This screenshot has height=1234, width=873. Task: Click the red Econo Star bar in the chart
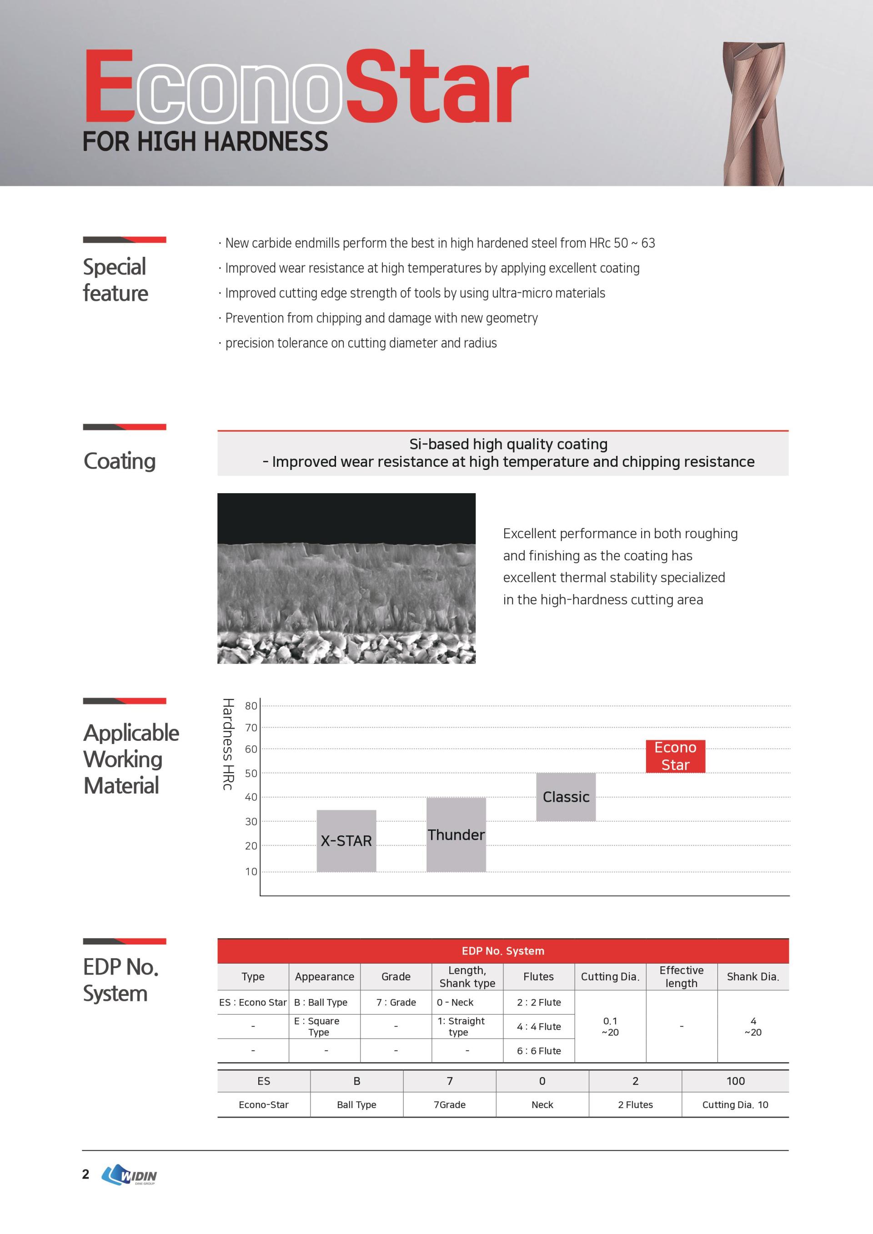pyautogui.click(x=675, y=756)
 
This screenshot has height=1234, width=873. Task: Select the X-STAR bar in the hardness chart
pyautogui.click(x=346, y=840)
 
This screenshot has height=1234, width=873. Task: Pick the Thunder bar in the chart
pyautogui.click(x=456, y=834)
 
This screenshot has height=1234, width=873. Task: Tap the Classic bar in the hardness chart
pyautogui.click(x=566, y=796)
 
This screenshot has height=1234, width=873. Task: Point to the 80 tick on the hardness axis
pyautogui.click(x=251, y=706)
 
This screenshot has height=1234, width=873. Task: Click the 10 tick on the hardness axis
pyautogui.click(x=251, y=872)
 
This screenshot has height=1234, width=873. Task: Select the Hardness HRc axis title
pyautogui.click(x=228, y=744)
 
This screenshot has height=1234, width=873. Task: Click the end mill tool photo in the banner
pyautogui.click(x=754, y=114)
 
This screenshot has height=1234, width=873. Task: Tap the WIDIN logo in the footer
pyautogui.click(x=130, y=1175)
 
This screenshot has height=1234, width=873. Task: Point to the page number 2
pyautogui.click(x=85, y=1174)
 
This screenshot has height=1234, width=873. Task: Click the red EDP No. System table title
pyautogui.click(x=502, y=951)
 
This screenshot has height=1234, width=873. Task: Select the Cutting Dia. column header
pyautogui.click(x=610, y=977)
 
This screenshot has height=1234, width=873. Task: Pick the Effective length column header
pyautogui.click(x=681, y=977)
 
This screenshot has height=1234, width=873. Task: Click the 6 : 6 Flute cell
pyautogui.click(x=539, y=1051)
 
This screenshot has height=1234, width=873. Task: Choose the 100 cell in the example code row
pyautogui.click(x=735, y=1081)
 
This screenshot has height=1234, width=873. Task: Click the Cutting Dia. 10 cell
pyautogui.click(x=735, y=1104)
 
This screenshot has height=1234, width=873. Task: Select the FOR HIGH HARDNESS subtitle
pyautogui.click(x=206, y=142)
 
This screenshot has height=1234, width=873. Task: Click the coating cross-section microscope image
pyautogui.click(x=346, y=578)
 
